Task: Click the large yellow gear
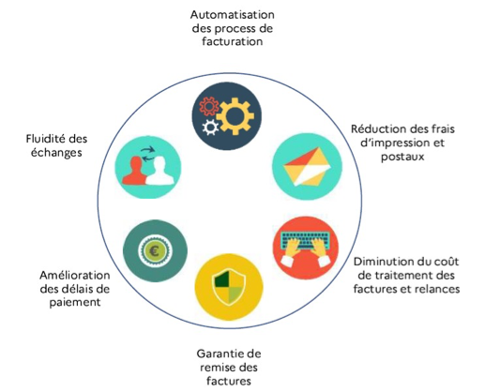pos(235,116)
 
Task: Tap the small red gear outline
pos(209,106)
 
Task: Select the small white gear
pos(210,128)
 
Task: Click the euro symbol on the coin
pos(155,250)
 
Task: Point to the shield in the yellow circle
pos(229,287)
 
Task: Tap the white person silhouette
pos(159,171)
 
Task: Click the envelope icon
pos(307,166)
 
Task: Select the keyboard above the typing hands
pos(305,239)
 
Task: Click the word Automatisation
pos(233,15)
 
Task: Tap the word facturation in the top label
pos(233,41)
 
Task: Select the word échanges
pos(56,153)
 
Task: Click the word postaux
pos(402,157)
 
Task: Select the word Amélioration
pos(75,276)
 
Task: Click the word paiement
pos(75,303)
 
